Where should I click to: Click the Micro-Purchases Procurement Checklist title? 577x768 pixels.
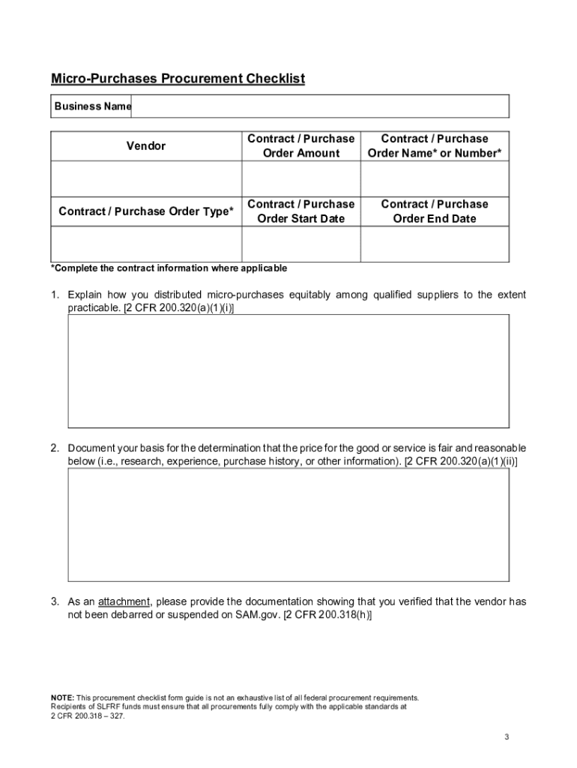point(178,79)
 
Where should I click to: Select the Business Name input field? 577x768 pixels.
point(320,106)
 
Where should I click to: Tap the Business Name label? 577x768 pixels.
point(92,106)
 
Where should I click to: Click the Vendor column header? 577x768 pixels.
point(146,145)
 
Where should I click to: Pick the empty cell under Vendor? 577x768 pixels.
point(146,178)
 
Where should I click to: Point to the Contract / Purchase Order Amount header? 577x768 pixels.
point(300,145)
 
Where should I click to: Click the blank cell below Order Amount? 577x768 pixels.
point(300,178)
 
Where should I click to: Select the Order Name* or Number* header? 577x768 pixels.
point(435,145)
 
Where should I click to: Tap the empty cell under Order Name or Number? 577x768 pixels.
point(435,178)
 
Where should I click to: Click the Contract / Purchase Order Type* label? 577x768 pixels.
point(146,211)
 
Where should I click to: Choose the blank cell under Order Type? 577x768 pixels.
point(146,244)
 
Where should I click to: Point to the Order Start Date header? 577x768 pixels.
point(300,211)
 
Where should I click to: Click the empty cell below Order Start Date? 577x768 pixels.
point(300,244)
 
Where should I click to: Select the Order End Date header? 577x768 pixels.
point(435,211)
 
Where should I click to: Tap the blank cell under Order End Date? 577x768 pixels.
point(435,244)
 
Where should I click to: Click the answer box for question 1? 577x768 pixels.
point(288,370)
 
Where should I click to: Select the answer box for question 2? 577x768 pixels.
point(288,525)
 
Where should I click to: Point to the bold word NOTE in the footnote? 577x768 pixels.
point(61,697)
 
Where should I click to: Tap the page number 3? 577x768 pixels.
point(507,736)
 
